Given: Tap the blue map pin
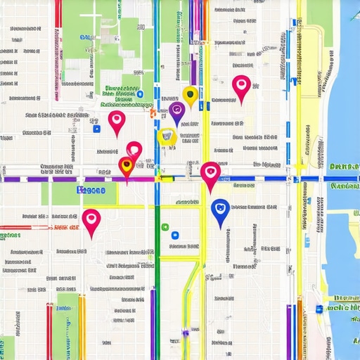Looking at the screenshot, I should click(220, 211).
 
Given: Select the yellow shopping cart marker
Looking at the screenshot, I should click(167, 136).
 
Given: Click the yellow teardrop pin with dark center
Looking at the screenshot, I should click(188, 94).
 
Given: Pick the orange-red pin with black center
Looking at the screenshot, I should click(126, 167).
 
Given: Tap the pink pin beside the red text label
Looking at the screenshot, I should click(91, 220).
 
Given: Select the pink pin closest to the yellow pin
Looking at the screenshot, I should click(241, 86).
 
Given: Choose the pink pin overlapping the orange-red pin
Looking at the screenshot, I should click(134, 150).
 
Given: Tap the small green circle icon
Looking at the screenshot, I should click(165, 227).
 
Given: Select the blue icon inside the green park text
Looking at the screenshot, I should click(140, 94).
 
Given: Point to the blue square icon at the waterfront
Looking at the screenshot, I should click(319, 308).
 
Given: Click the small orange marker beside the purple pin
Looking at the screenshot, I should click(152, 111).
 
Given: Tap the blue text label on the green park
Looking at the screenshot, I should click(91, 190).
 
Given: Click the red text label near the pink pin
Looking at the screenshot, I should click(65, 228).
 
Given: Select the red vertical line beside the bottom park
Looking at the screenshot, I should click(49, 330).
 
